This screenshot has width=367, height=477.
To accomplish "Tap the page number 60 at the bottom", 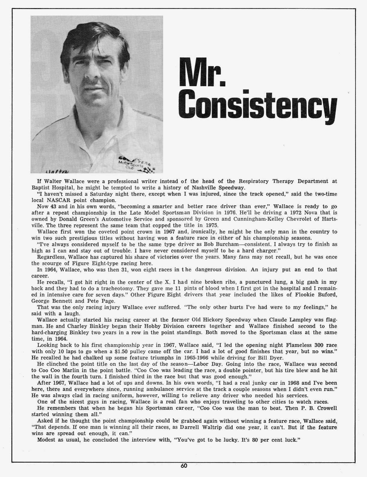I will [x=184, y=466].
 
